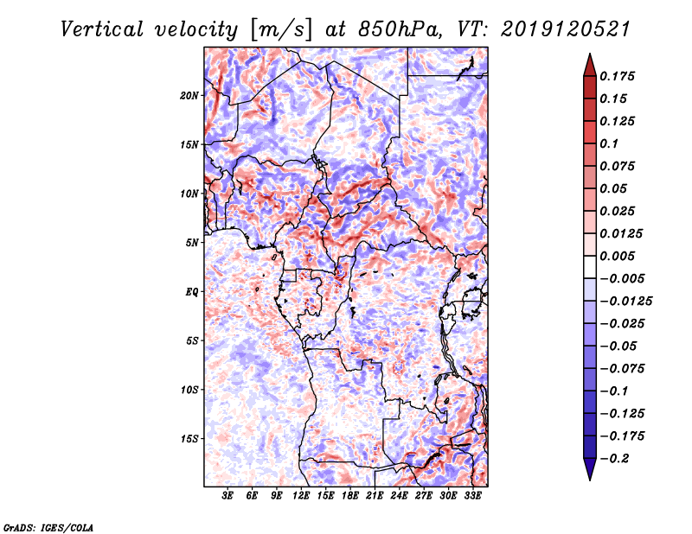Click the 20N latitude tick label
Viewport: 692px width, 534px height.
(x=189, y=95)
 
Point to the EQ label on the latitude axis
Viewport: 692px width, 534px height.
(x=191, y=292)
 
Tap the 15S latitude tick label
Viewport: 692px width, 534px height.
(x=189, y=439)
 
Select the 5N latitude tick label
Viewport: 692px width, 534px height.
(x=192, y=243)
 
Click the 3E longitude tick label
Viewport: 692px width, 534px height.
(x=228, y=497)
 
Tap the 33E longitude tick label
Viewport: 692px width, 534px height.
(x=472, y=497)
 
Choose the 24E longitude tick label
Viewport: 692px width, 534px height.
(x=399, y=497)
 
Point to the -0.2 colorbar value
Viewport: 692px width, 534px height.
(x=618, y=458)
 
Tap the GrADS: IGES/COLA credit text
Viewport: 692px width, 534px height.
(x=47, y=526)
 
